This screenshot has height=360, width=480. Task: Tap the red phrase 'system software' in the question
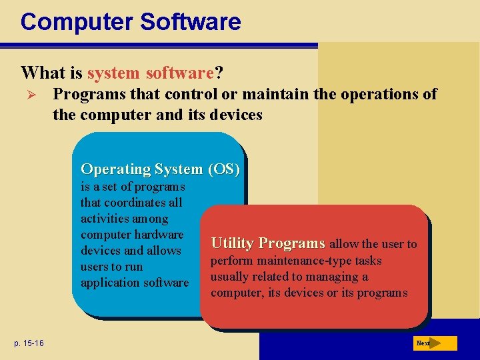[x=150, y=72]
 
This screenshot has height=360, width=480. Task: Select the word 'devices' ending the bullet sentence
[x=235, y=115]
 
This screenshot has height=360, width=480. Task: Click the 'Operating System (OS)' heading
[x=160, y=169]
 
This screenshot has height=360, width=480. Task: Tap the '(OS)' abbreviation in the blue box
[x=224, y=169]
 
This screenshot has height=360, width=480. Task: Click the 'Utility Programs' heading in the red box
[x=268, y=243]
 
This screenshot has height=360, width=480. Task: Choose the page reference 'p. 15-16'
[x=27, y=343]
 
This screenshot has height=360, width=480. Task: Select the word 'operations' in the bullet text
[x=379, y=94]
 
